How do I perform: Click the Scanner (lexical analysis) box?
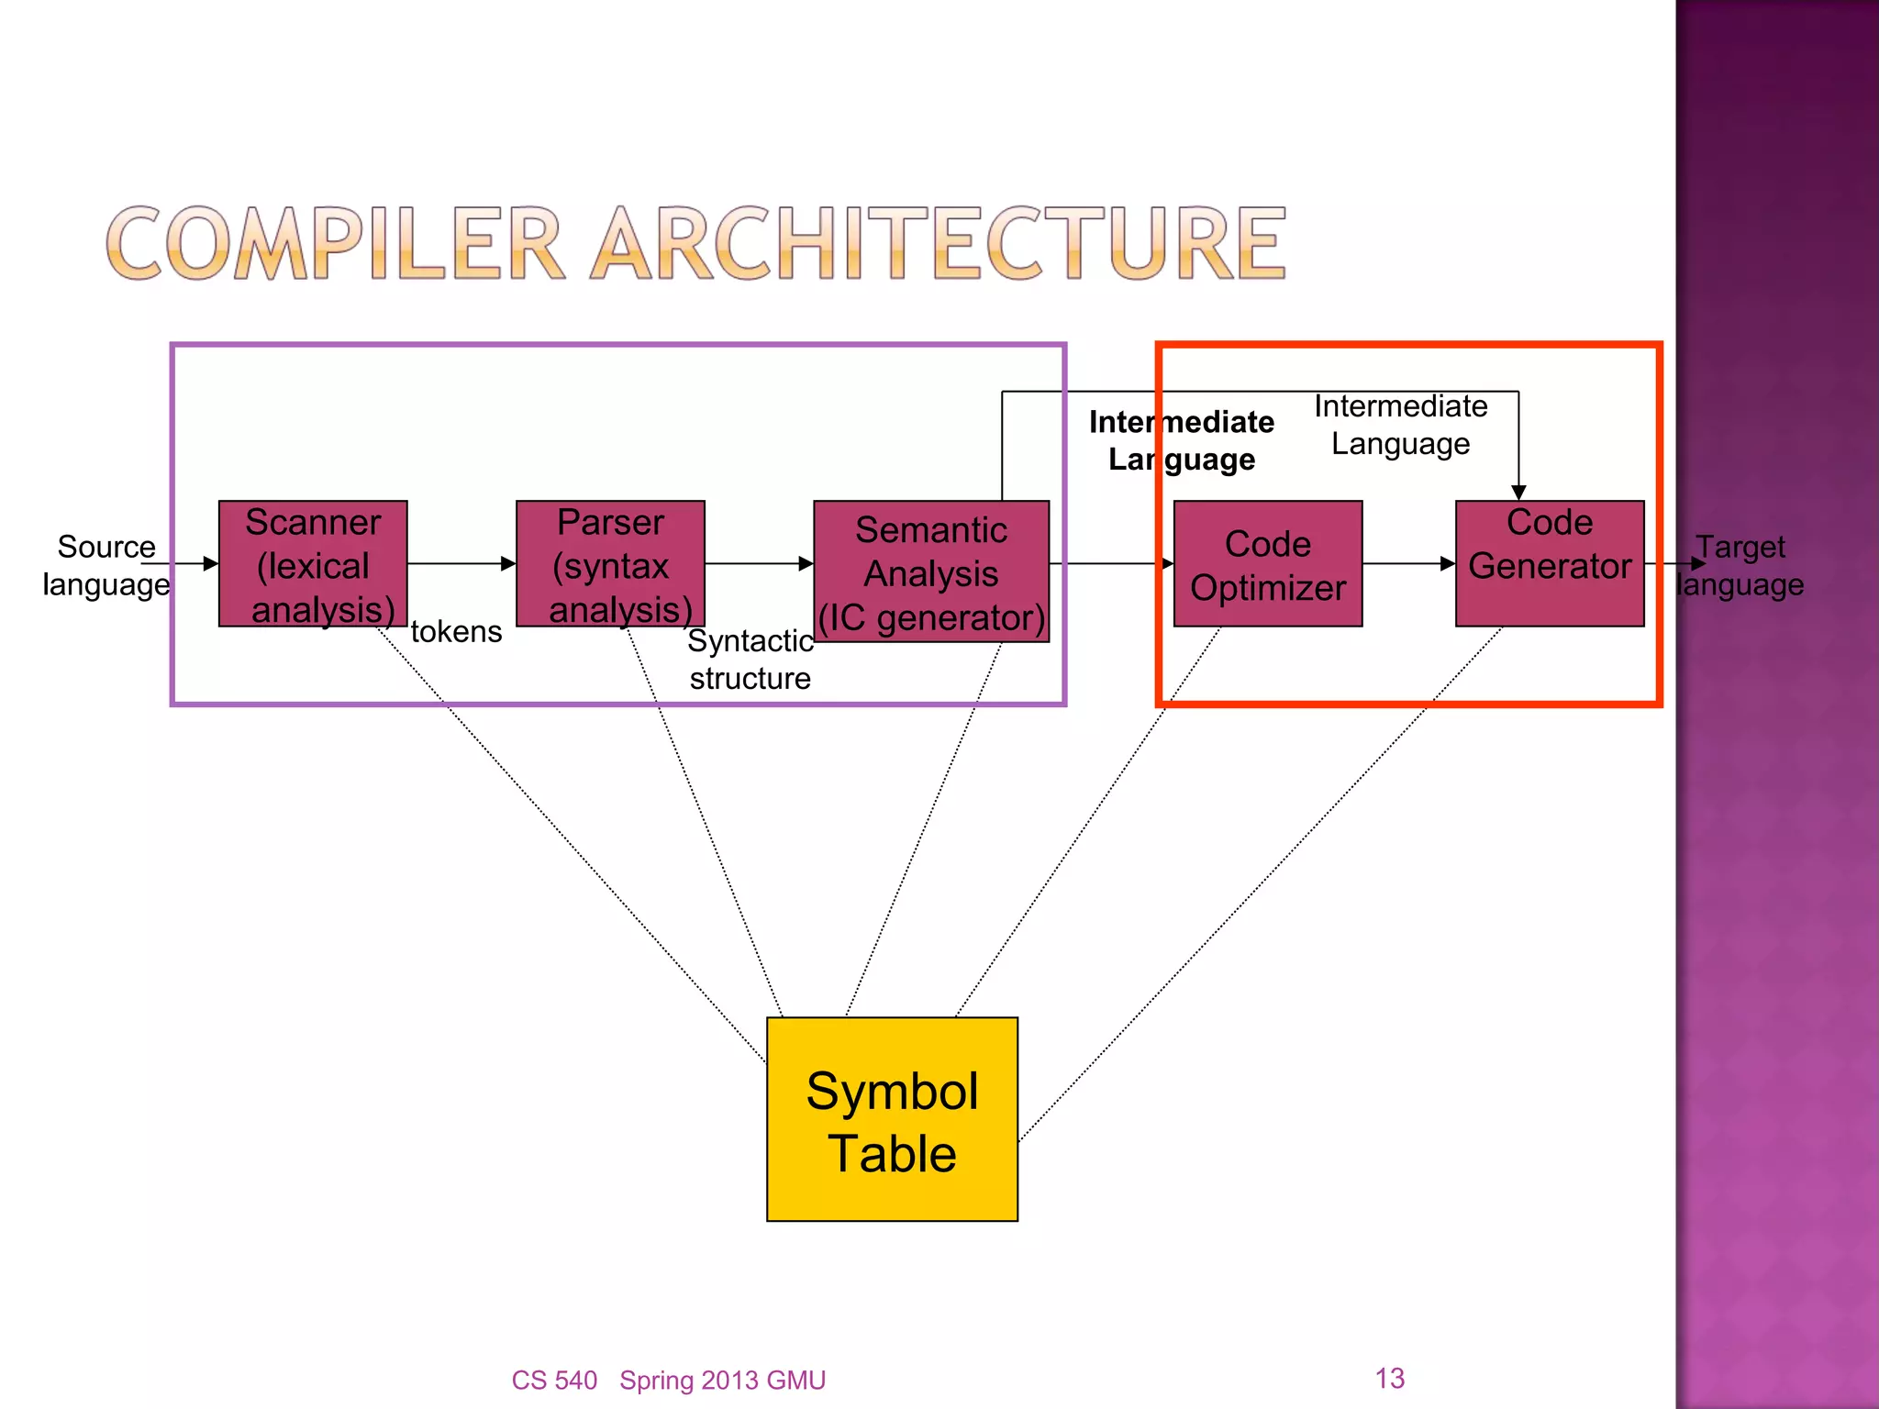[x=313, y=563]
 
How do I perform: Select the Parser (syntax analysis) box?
[x=610, y=563]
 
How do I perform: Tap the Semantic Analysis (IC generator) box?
[x=931, y=571]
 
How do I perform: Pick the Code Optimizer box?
[x=1268, y=563]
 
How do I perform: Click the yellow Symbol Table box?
[x=892, y=1119]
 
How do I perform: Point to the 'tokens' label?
[x=456, y=632]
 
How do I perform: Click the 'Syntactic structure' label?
[x=750, y=659]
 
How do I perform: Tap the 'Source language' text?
[x=106, y=565]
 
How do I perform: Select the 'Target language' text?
[x=1740, y=565]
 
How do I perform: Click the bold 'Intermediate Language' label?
[x=1181, y=440]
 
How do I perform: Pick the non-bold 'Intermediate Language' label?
[x=1400, y=425]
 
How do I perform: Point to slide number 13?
[x=1389, y=1378]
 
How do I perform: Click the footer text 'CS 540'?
[x=554, y=1380]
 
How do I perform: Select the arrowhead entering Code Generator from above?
[x=1518, y=493]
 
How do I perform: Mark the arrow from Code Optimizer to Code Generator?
[x=1408, y=563]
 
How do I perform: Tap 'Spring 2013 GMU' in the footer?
[x=722, y=1380]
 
